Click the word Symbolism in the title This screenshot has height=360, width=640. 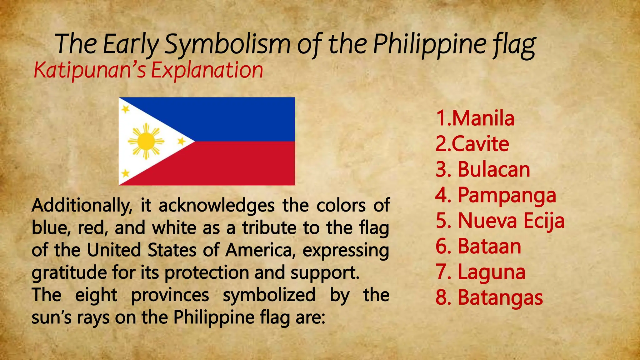point(227,44)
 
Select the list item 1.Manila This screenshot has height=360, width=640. point(475,118)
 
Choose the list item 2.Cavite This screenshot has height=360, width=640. point(472,144)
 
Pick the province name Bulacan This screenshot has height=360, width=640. point(494,170)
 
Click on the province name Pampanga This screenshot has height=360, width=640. point(507,196)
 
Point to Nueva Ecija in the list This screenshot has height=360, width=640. point(511,221)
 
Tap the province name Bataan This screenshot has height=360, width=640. point(489,246)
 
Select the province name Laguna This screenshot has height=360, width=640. point(492,272)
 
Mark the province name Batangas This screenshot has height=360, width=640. point(500,297)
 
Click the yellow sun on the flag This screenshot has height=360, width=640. point(146,141)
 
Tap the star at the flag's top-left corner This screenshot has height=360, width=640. point(125,109)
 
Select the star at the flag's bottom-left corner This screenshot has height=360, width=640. point(125,173)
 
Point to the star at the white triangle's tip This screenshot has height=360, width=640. point(181,141)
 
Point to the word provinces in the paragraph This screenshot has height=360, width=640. point(170,295)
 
